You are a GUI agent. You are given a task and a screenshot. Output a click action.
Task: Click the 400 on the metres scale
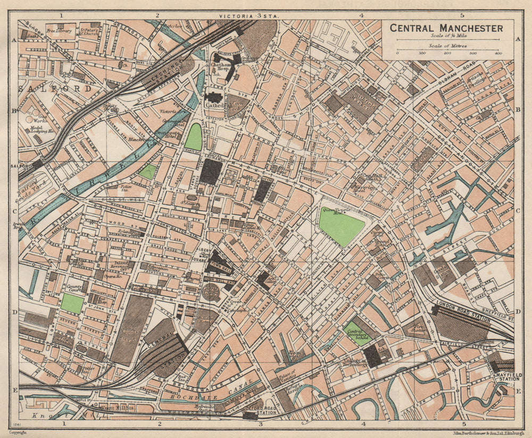point(498,53)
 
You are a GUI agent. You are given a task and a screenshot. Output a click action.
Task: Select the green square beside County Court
point(72,304)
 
